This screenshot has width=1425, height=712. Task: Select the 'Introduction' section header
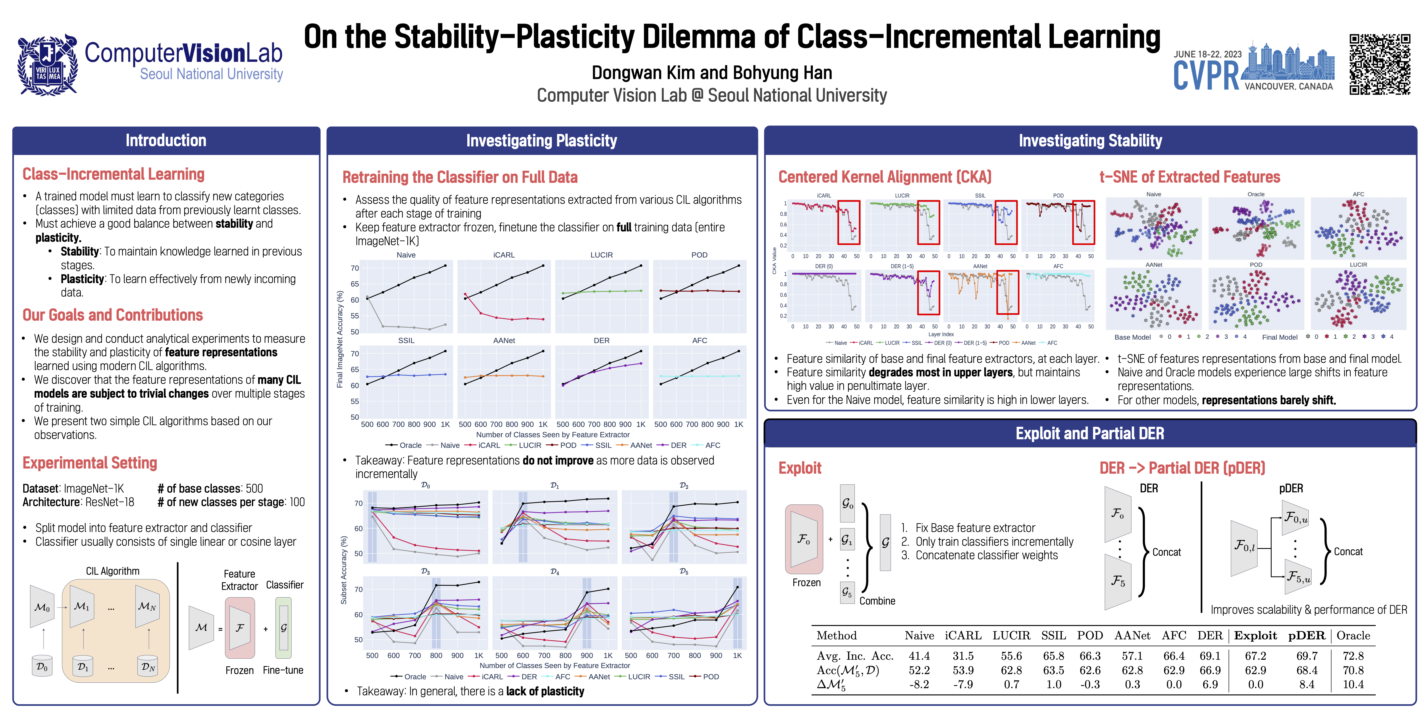click(166, 140)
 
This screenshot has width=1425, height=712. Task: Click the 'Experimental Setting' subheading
click(90, 463)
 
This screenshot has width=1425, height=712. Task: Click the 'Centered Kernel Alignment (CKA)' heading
click(884, 177)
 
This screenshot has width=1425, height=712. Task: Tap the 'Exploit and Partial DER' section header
click(1090, 434)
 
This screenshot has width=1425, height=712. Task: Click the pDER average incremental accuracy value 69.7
click(1307, 656)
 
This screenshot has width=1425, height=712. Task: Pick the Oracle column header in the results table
click(1353, 636)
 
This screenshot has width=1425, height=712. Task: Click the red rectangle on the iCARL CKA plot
click(849, 222)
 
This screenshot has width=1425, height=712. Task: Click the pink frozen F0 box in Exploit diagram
click(804, 539)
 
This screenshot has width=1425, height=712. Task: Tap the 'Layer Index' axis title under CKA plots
click(941, 334)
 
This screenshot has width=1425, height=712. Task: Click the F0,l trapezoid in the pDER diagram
click(1244, 547)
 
